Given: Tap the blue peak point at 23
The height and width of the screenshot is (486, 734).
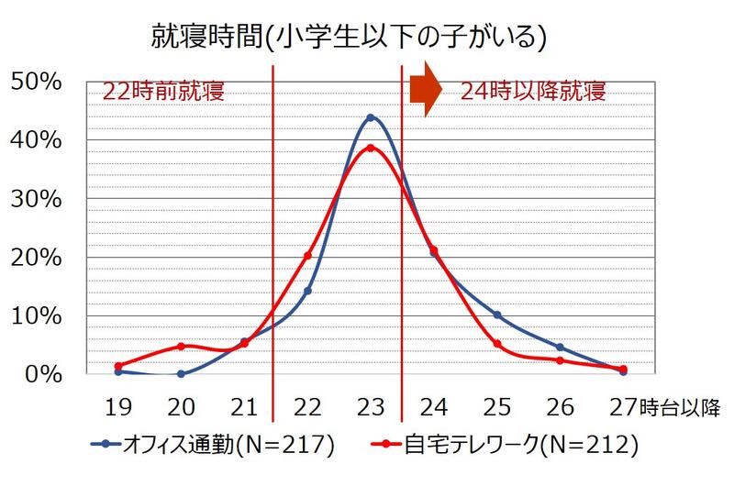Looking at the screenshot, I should point(371,117).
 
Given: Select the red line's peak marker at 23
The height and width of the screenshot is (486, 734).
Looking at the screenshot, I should point(371,148).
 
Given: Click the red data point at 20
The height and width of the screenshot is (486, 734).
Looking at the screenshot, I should point(181,347).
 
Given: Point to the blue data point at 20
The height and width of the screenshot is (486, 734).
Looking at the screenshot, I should point(181,373).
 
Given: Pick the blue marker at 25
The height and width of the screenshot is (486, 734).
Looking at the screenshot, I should point(497,315).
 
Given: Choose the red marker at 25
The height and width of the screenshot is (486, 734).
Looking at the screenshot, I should point(497,344).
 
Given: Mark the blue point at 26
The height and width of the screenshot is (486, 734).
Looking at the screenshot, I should point(560,348).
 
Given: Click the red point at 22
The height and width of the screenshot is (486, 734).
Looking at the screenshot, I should point(307,256).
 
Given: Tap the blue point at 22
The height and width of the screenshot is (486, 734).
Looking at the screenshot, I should point(307,291).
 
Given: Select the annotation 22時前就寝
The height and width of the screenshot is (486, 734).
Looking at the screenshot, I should point(163,92).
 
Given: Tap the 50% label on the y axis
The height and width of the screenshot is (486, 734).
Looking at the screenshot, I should point(36,82).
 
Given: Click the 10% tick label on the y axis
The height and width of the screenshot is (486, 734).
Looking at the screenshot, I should point(36,316).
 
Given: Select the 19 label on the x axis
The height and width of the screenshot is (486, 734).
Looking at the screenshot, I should point(117,405).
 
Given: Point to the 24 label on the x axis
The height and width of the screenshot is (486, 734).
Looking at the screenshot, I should point(434,405).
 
